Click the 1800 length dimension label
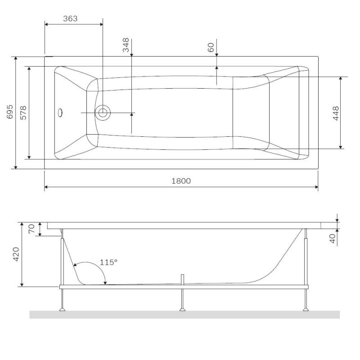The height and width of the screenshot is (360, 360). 181,181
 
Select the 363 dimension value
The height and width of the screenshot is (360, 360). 70,18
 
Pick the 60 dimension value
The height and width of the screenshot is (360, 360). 211,47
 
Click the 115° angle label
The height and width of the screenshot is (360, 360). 108,262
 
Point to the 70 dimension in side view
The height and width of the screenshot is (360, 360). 31,229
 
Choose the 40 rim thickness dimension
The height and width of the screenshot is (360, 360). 333,238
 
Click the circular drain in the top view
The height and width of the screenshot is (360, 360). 103,112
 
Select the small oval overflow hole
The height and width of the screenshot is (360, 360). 61,112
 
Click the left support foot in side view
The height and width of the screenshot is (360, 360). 63,309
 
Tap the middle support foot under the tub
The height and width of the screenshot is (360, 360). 182,309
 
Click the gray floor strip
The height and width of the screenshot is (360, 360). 184,315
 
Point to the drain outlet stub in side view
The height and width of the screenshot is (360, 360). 182,279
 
